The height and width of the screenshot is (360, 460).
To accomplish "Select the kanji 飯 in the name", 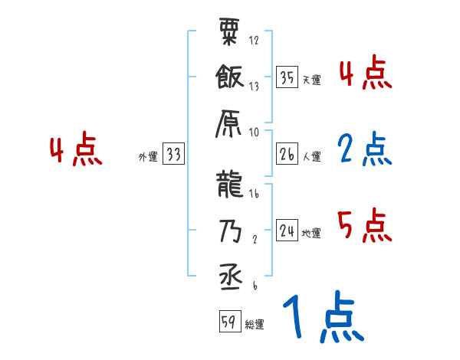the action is tap(230, 77).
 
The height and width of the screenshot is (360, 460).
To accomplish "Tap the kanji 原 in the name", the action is tap(230, 122).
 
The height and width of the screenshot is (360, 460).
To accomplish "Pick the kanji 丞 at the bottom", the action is tap(230, 274).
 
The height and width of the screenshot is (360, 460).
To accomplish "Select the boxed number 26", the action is tap(287, 155).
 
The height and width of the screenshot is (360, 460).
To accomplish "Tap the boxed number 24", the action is tap(287, 231).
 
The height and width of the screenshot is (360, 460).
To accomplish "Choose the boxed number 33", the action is tap(172, 155).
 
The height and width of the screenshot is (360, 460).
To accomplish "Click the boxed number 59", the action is tap(228, 322).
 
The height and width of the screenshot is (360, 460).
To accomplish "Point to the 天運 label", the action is tap(311, 80).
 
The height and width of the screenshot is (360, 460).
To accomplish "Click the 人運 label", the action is tap(311, 157).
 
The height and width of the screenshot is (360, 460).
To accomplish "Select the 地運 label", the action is tap(311, 233).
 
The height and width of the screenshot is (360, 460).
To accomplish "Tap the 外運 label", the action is tap(147, 157).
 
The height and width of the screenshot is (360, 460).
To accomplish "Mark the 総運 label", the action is tap(255, 324).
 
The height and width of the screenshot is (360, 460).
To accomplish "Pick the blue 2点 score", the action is tap(364, 150).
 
